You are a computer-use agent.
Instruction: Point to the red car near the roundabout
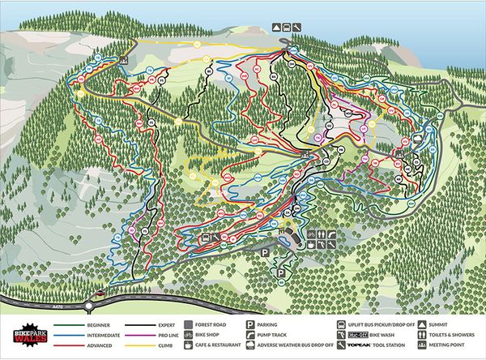click(100, 294)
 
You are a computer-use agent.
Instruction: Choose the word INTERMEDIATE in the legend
click(104, 335)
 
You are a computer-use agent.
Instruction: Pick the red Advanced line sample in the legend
click(70, 345)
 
